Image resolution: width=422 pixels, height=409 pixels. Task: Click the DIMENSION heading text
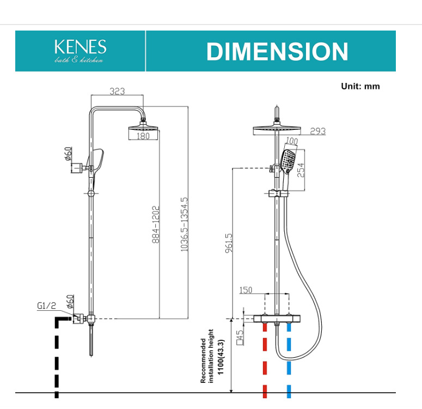pyautogui.click(x=277, y=51)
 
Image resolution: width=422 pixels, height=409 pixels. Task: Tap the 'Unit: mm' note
pyautogui.click(x=360, y=86)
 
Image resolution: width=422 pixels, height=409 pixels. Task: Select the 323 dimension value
pyautogui.click(x=117, y=91)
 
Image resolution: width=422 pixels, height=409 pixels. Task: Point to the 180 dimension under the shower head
pyautogui.click(x=143, y=136)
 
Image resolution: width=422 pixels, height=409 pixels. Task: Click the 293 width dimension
pyautogui.click(x=318, y=131)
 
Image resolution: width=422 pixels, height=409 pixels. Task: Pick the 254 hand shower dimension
pyautogui.click(x=301, y=170)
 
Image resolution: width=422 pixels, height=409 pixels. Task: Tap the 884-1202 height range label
pyautogui.click(x=156, y=225)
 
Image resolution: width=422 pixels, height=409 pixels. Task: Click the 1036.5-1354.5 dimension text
pyautogui.click(x=184, y=224)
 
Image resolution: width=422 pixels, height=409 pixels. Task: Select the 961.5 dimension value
pyautogui.click(x=229, y=243)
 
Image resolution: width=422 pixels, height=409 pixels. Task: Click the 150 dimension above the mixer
pyautogui.click(x=246, y=290)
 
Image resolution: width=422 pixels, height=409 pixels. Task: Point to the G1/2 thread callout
pyautogui.click(x=47, y=306)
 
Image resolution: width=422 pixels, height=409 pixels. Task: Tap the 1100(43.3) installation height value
pyautogui.click(x=221, y=357)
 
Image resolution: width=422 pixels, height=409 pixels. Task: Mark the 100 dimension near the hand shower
pyautogui.click(x=291, y=141)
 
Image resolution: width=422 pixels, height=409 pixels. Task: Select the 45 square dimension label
pyautogui.click(x=240, y=337)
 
